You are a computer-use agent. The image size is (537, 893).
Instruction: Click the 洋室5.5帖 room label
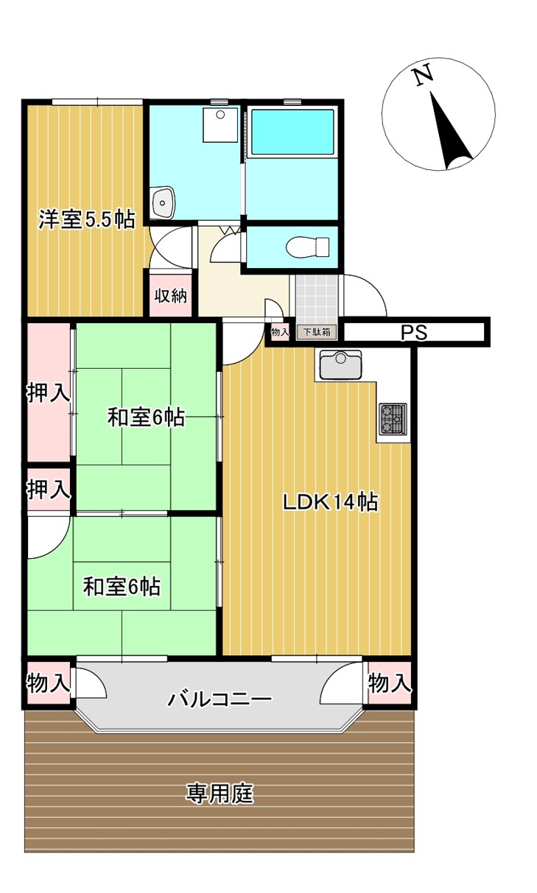coord(86,219)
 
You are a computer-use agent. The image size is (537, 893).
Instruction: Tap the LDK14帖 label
coord(331,503)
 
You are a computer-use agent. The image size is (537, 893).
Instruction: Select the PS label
coord(414,333)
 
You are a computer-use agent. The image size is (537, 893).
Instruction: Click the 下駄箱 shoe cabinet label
coord(317,332)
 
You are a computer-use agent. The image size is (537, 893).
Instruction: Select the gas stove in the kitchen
coord(393,419)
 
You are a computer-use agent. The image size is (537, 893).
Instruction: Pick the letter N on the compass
coord(421,76)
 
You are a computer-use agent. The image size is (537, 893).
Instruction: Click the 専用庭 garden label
coord(220,794)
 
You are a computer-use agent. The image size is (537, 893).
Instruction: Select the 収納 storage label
coord(170,296)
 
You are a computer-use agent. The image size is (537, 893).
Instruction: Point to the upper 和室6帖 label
coord(146,417)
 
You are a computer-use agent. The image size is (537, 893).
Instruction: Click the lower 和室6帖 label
coord(122,587)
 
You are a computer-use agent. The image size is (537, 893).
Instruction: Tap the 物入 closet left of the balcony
coord(48,684)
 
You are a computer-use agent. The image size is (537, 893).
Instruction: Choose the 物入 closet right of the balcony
coord(389,684)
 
